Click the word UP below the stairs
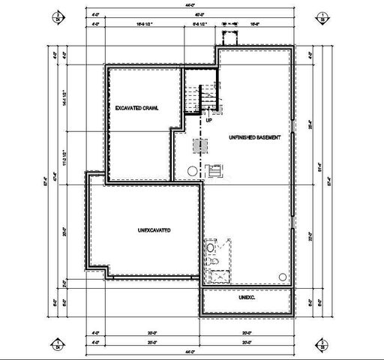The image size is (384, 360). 208,119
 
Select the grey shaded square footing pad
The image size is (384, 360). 199,145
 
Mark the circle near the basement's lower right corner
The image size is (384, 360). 283,274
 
